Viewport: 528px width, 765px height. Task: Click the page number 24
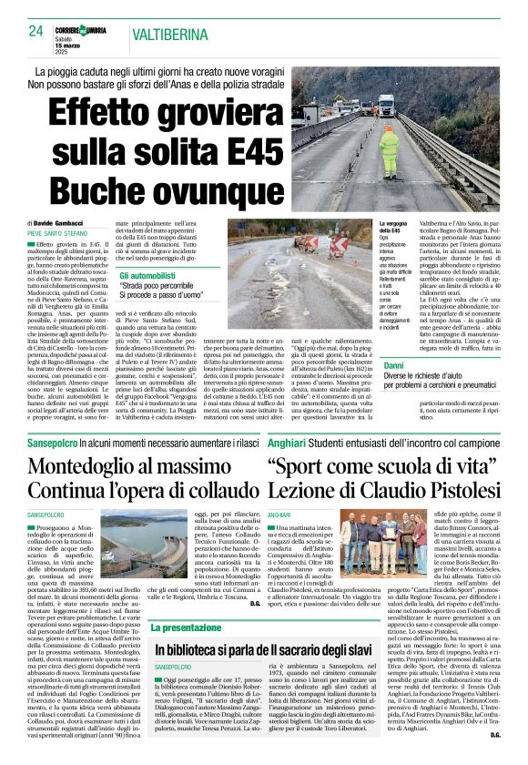pos(36,30)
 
